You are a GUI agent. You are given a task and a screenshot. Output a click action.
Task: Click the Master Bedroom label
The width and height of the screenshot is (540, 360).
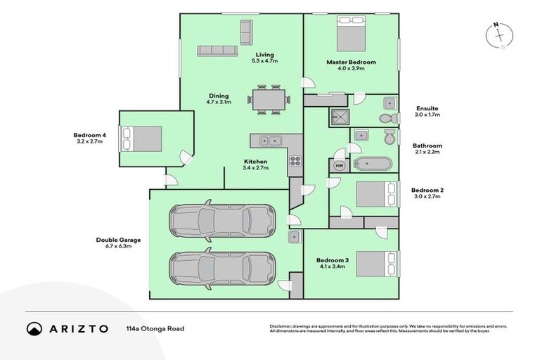(x=351, y=62)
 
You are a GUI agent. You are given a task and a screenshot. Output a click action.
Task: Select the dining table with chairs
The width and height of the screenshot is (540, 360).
(x=270, y=99)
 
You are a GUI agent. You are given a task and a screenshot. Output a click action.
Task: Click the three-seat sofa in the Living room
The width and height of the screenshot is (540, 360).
(x=217, y=51)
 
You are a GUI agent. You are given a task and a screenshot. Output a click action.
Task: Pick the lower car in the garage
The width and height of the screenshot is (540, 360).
(x=221, y=267)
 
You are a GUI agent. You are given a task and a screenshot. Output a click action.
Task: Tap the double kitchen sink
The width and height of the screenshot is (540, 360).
(x=270, y=140)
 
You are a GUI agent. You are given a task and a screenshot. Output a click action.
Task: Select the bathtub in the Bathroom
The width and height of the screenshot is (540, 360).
(x=373, y=164)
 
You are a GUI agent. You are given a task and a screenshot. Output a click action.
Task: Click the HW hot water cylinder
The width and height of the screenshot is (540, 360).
(x=340, y=165)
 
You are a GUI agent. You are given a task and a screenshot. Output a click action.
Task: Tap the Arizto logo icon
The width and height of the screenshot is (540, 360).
(x=34, y=328)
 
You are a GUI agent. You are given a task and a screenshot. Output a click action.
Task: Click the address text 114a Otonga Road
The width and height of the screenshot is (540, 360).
(x=155, y=328)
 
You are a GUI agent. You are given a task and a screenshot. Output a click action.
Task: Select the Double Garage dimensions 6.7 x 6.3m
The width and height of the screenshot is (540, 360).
(x=114, y=246)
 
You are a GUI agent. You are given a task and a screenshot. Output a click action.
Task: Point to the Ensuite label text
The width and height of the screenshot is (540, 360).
(x=427, y=108)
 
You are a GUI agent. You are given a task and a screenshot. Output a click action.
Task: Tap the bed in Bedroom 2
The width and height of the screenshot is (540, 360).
(x=376, y=194)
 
